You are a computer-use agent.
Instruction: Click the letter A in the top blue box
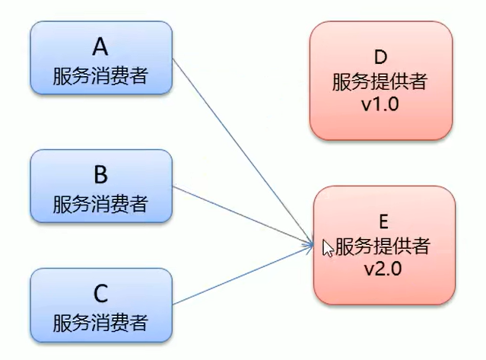pos(100,48)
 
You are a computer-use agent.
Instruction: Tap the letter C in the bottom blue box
pos(100,293)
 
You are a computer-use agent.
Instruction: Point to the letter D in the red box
pos(381,56)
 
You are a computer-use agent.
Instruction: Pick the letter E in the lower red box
pos(383,221)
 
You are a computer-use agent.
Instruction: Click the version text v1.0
pos(381,104)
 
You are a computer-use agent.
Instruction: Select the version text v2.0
pos(383,269)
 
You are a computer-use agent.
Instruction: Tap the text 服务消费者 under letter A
pos(100,76)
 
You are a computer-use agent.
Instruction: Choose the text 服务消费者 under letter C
pos(100,322)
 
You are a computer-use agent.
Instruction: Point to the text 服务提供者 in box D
pos(381,81)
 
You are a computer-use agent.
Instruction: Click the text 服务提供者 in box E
pos(383,245)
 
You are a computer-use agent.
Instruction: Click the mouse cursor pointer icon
pos(328,248)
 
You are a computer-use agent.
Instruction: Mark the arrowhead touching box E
pos(310,245)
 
